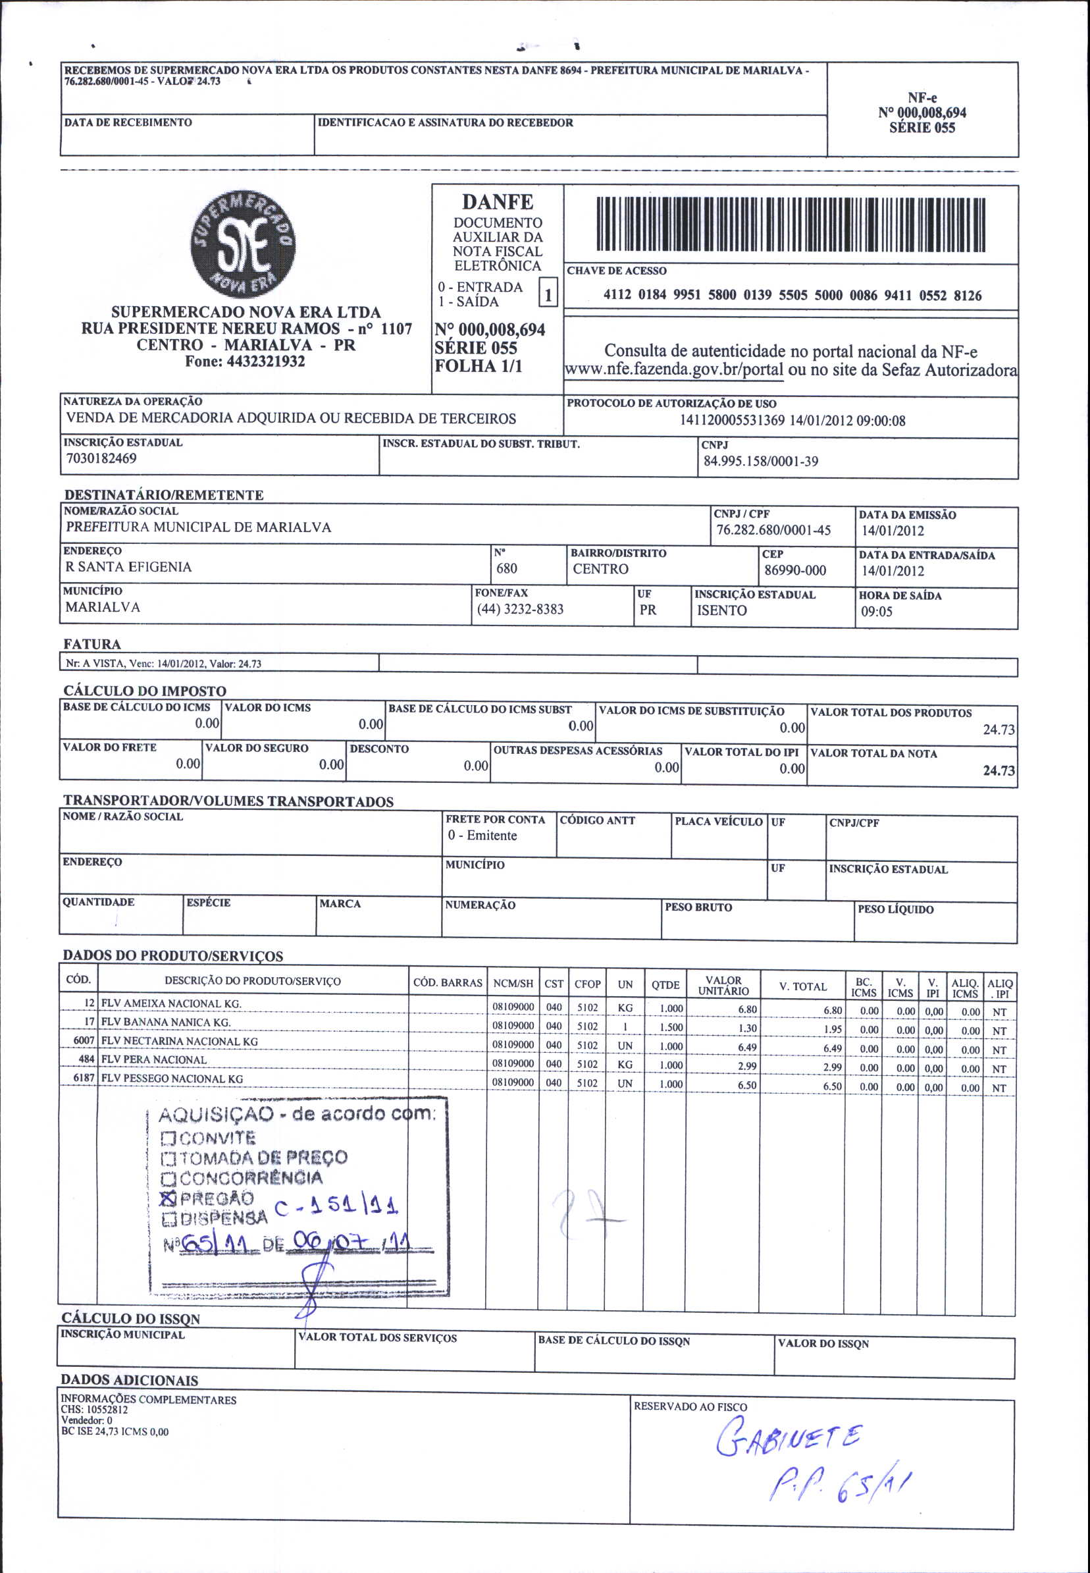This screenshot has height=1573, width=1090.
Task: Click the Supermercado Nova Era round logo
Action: pyautogui.click(x=242, y=244)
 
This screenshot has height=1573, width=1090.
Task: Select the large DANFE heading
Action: pyautogui.click(x=497, y=202)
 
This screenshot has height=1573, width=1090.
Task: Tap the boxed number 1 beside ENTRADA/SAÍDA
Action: pyautogui.click(x=548, y=294)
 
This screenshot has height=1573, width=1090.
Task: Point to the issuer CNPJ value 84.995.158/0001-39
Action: pyautogui.click(x=761, y=462)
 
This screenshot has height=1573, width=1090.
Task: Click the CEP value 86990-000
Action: pyautogui.click(x=795, y=570)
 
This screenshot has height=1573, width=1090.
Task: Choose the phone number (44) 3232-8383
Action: pyautogui.click(x=521, y=609)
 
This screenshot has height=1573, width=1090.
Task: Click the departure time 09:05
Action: pyautogui.click(x=876, y=611)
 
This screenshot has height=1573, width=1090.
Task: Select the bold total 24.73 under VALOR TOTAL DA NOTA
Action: pyautogui.click(x=999, y=770)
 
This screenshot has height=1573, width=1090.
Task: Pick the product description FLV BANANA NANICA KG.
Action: pyautogui.click(x=166, y=1023)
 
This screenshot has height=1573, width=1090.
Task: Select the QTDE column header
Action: pyautogui.click(x=665, y=985)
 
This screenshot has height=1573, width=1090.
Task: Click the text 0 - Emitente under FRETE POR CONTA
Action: pyautogui.click(x=482, y=836)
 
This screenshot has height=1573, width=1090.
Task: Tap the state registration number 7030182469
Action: pyautogui.click(x=101, y=458)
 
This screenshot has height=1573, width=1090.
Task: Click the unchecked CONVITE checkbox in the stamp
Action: pyautogui.click(x=169, y=1138)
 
